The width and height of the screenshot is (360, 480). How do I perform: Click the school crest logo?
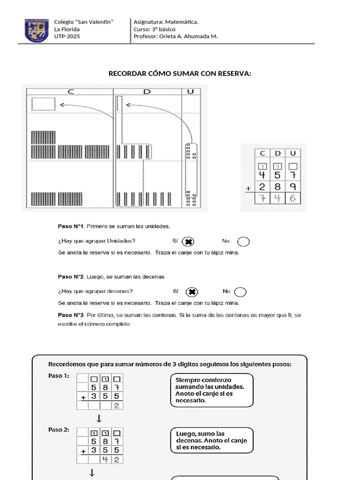(36, 30)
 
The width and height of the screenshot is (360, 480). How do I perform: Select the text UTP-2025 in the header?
(67, 37)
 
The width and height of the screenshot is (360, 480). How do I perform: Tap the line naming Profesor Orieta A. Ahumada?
(175, 37)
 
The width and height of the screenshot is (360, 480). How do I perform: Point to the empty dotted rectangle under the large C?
(43, 104)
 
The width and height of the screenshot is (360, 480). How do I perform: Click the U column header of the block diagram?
(190, 91)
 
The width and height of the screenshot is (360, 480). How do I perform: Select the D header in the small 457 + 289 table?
(277, 153)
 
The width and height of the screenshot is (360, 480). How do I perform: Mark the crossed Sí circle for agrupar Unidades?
(188, 241)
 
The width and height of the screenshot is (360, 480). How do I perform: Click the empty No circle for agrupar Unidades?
(243, 241)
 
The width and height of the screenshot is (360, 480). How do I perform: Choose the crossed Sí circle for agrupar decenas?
(191, 292)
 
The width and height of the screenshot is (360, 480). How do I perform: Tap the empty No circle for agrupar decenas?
(240, 292)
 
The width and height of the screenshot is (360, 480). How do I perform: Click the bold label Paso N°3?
(70, 315)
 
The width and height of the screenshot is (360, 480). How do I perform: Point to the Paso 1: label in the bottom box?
(59, 375)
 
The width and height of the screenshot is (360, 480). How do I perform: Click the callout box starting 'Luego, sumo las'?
(211, 441)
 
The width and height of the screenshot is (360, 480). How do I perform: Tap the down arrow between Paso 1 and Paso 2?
(99, 419)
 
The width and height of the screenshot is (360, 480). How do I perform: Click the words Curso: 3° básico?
(155, 29)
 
